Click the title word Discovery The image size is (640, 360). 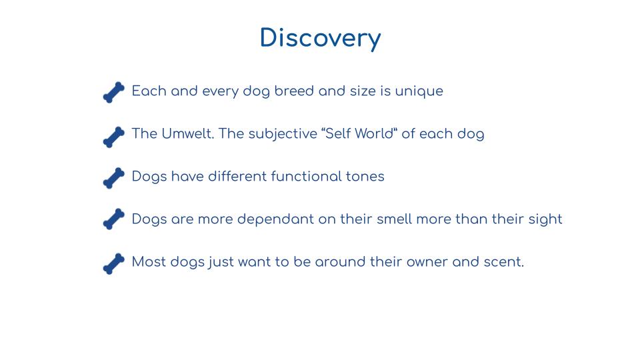click(x=321, y=39)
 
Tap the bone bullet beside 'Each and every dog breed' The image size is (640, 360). click(x=114, y=92)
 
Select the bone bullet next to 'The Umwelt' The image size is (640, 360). click(x=114, y=137)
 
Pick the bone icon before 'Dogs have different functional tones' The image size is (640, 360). click(x=114, y=178)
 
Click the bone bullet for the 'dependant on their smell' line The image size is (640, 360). click(x=114, y=219)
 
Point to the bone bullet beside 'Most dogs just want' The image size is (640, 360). click(x=114, y=264)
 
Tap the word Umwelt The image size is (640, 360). click(x=188, y=133)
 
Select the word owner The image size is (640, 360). click(x=427, y=262)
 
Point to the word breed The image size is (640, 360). click(x=294, y=91)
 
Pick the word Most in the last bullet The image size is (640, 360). click(x=148, y=261)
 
